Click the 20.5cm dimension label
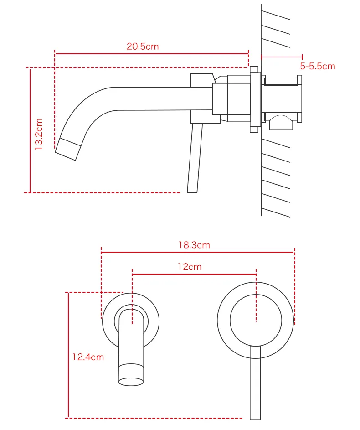click(143, 47)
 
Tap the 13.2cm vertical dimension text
click(39, 134)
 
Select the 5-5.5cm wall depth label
click(318, 66)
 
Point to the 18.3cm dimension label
click(194, 245)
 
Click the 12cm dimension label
click(190, 267)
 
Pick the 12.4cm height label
click(88, 357)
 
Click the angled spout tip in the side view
click(68, 150)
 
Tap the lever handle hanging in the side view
click(195, 158)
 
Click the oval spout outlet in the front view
click(131, 382)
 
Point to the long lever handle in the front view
click(255, 383)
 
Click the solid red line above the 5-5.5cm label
click(282, 57)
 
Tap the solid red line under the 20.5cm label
click(151, 54)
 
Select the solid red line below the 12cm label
click(194, 274)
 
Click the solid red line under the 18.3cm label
click(198, 252)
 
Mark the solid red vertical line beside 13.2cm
click(30, 131)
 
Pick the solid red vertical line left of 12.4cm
click(68, 355)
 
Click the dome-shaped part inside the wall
click(281, 122)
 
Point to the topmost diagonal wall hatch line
click(276, 15)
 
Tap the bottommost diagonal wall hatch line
click(276, 213)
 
